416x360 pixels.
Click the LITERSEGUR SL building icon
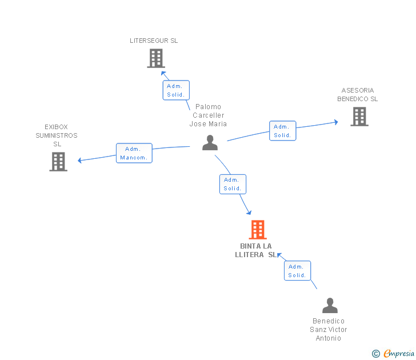156,58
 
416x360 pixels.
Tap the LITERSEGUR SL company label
154,41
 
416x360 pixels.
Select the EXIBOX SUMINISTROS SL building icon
58,162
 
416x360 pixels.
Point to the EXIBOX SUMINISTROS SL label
57,135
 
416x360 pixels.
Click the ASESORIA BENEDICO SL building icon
359,117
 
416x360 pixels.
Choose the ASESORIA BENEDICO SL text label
357,94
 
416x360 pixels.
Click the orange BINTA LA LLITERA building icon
258,230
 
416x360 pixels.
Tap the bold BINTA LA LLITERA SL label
256,250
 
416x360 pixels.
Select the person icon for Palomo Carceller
210,143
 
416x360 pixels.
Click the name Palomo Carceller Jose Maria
208,115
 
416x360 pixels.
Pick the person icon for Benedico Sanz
330,305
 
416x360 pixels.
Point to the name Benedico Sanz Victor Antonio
329,330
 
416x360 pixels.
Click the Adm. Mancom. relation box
134,153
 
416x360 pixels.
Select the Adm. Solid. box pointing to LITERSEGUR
176,90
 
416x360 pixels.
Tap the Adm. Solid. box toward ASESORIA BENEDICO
282,131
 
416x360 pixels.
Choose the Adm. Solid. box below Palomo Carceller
233,184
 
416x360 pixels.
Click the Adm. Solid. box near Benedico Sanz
297,271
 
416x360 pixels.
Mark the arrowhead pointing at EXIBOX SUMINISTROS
79,160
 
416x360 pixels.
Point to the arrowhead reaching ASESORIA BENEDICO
336,122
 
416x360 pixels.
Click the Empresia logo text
398,353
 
